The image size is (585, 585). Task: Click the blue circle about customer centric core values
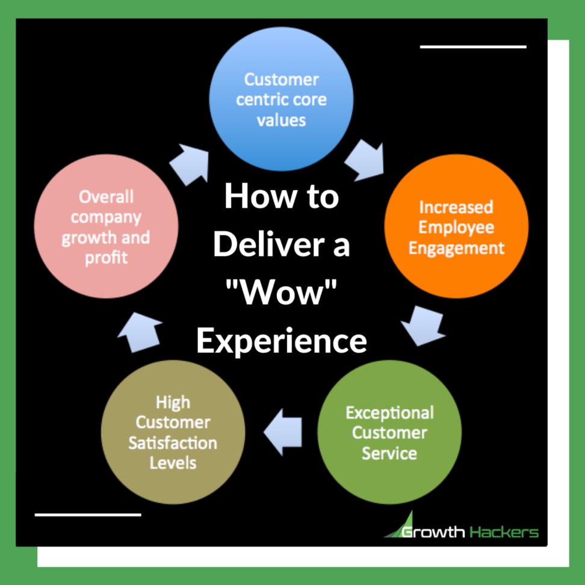tap(281, 99)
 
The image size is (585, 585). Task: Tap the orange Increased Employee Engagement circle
tap(456, 226)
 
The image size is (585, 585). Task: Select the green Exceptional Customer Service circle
tap(389, 432)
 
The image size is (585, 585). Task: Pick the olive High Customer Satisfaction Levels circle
tap(173, 432)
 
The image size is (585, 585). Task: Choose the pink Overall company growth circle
tap(107, 226)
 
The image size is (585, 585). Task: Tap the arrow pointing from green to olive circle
tap(283, 432)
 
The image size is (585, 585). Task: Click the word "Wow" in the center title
tap(281, 292)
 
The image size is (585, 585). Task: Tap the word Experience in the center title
tap(282, 341)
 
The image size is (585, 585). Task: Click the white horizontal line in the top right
tap(473, 47)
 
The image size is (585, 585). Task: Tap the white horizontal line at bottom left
tap(88, 515)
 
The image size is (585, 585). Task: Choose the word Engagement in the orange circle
tap(456, 249)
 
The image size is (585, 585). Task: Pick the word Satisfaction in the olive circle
tap(173, 443)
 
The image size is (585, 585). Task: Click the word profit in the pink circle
tap(107, 258)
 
